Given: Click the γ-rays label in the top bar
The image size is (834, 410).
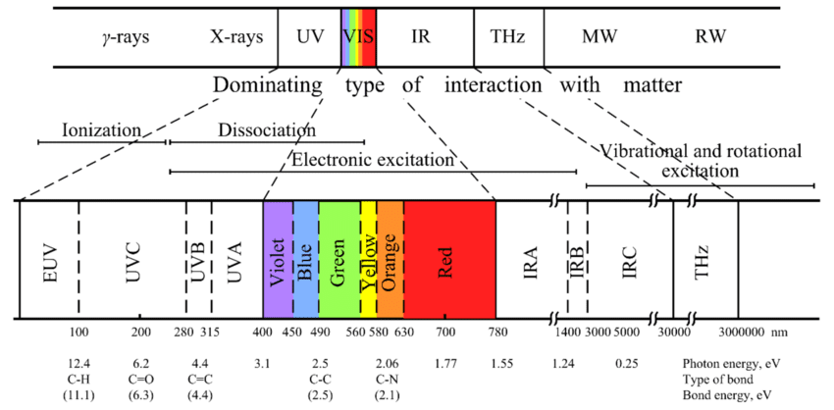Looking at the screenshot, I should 119,38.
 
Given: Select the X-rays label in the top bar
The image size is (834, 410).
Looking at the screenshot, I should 236,38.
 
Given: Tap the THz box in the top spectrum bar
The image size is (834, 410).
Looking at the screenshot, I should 507,38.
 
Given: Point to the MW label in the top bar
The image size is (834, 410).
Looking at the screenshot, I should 599,38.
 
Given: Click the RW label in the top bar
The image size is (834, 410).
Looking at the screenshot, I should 711,38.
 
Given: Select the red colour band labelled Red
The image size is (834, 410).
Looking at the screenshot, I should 448,259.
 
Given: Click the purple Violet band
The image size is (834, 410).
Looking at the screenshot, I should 278,259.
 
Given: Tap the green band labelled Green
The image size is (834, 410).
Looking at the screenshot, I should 339,259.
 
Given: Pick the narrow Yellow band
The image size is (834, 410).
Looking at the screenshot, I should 368,259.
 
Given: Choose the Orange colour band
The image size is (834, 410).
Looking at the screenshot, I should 390,259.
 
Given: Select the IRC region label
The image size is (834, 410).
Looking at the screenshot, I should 630,259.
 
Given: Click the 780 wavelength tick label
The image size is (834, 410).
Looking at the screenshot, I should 495,333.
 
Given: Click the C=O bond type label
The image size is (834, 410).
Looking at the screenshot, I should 141,379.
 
